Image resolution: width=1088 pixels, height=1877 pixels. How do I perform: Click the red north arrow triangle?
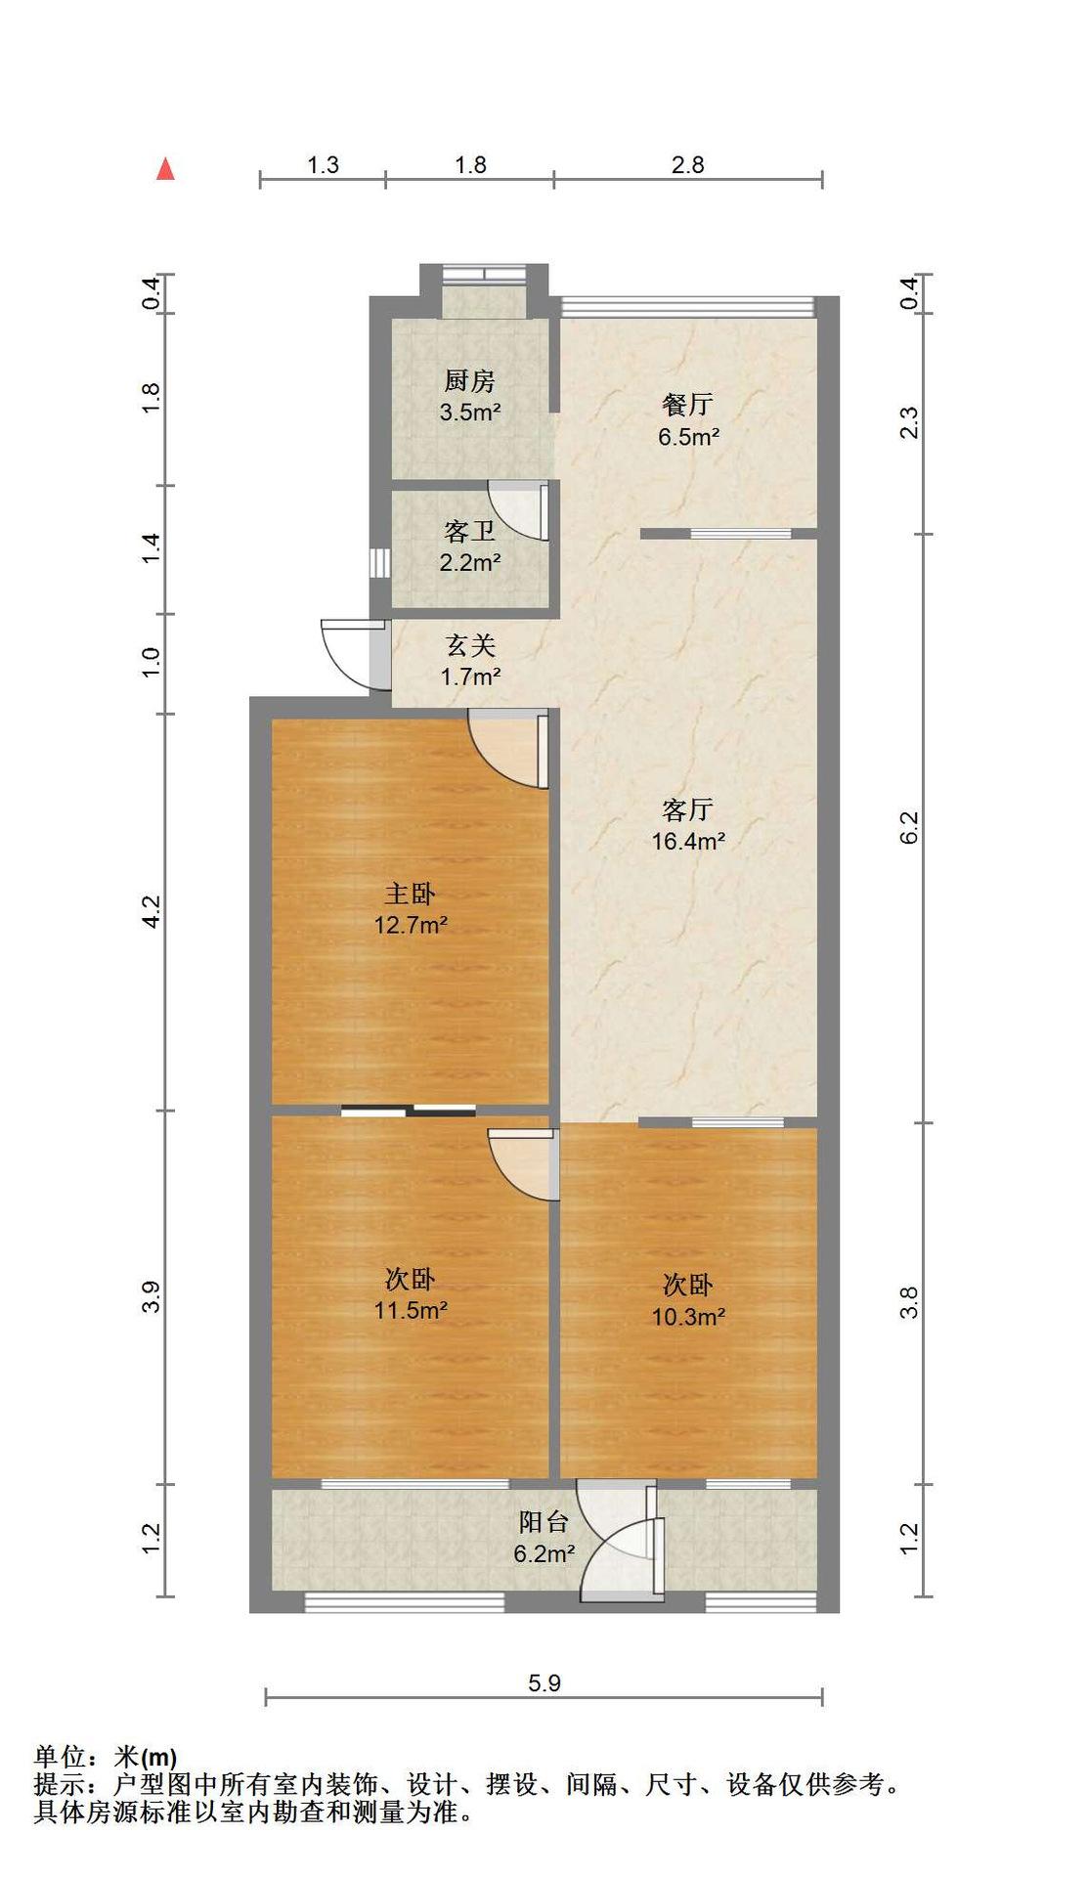166,169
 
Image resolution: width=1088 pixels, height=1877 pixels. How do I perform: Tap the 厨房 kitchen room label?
470,380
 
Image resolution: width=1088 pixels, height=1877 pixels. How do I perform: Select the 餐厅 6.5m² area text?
689,436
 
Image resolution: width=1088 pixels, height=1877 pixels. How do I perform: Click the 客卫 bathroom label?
470,531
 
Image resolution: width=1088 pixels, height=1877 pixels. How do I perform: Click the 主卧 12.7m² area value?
412,924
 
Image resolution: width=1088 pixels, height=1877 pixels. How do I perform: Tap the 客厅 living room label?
688,809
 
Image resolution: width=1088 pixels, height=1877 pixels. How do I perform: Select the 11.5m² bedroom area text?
412,1310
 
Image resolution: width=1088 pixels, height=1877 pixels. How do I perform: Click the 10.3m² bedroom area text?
689,1316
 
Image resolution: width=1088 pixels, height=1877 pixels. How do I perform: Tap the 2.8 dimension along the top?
688,164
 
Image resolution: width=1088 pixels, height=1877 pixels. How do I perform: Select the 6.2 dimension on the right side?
910,827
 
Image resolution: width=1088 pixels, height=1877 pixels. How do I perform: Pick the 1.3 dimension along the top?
323,164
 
